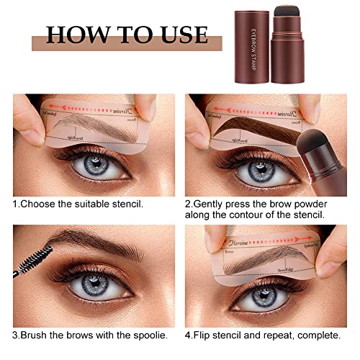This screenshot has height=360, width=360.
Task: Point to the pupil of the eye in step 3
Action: pyautogui.click(x=89, y=285)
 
